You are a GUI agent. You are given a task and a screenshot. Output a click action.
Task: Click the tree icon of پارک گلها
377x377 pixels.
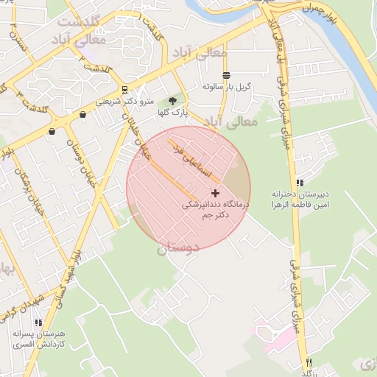(173, 101)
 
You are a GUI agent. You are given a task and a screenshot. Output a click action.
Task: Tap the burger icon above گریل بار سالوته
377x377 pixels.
(226, 75)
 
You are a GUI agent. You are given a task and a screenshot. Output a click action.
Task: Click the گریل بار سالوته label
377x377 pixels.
(227, 87)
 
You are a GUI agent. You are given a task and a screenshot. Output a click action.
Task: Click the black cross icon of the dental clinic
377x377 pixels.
(215, 192)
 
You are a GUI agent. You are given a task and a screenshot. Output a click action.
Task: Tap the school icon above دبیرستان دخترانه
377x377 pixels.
(299, 182)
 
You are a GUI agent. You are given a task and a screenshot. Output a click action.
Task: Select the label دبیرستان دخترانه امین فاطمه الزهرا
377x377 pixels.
(297, 197)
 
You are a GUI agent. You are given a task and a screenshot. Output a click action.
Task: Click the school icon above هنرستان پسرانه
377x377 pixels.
(38, 323)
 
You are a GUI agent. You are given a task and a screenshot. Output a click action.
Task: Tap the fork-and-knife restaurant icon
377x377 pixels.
(309, 362)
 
